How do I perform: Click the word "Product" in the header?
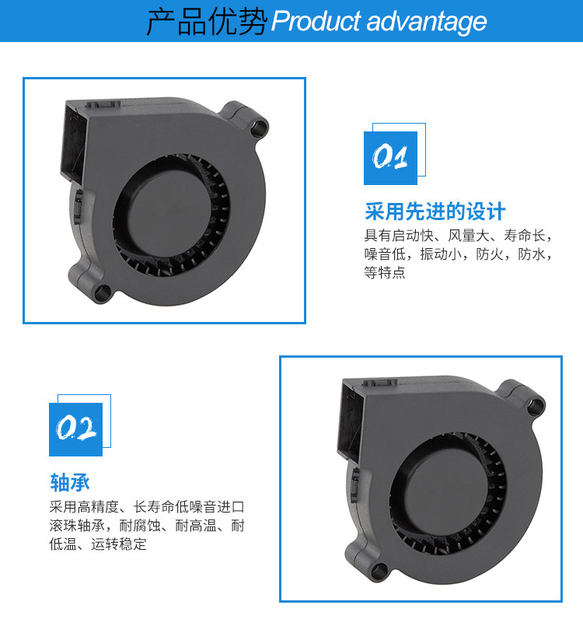[316, 21]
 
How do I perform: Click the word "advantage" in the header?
[427, 22]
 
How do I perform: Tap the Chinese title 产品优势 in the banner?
[207, 22]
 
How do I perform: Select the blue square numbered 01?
[390, 158]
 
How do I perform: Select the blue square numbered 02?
[75, 429]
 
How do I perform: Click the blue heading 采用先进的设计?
[435, 212]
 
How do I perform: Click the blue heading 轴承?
[70, 482]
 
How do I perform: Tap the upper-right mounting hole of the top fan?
[260, 128]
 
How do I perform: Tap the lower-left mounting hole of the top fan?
[103, 294]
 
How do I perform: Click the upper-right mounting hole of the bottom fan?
[536, 406]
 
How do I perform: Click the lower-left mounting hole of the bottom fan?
[379, 572]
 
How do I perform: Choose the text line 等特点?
[385, 272]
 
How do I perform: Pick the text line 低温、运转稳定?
[98, 544]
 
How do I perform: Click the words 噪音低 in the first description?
[385, 254]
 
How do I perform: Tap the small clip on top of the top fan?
[103, 105]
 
